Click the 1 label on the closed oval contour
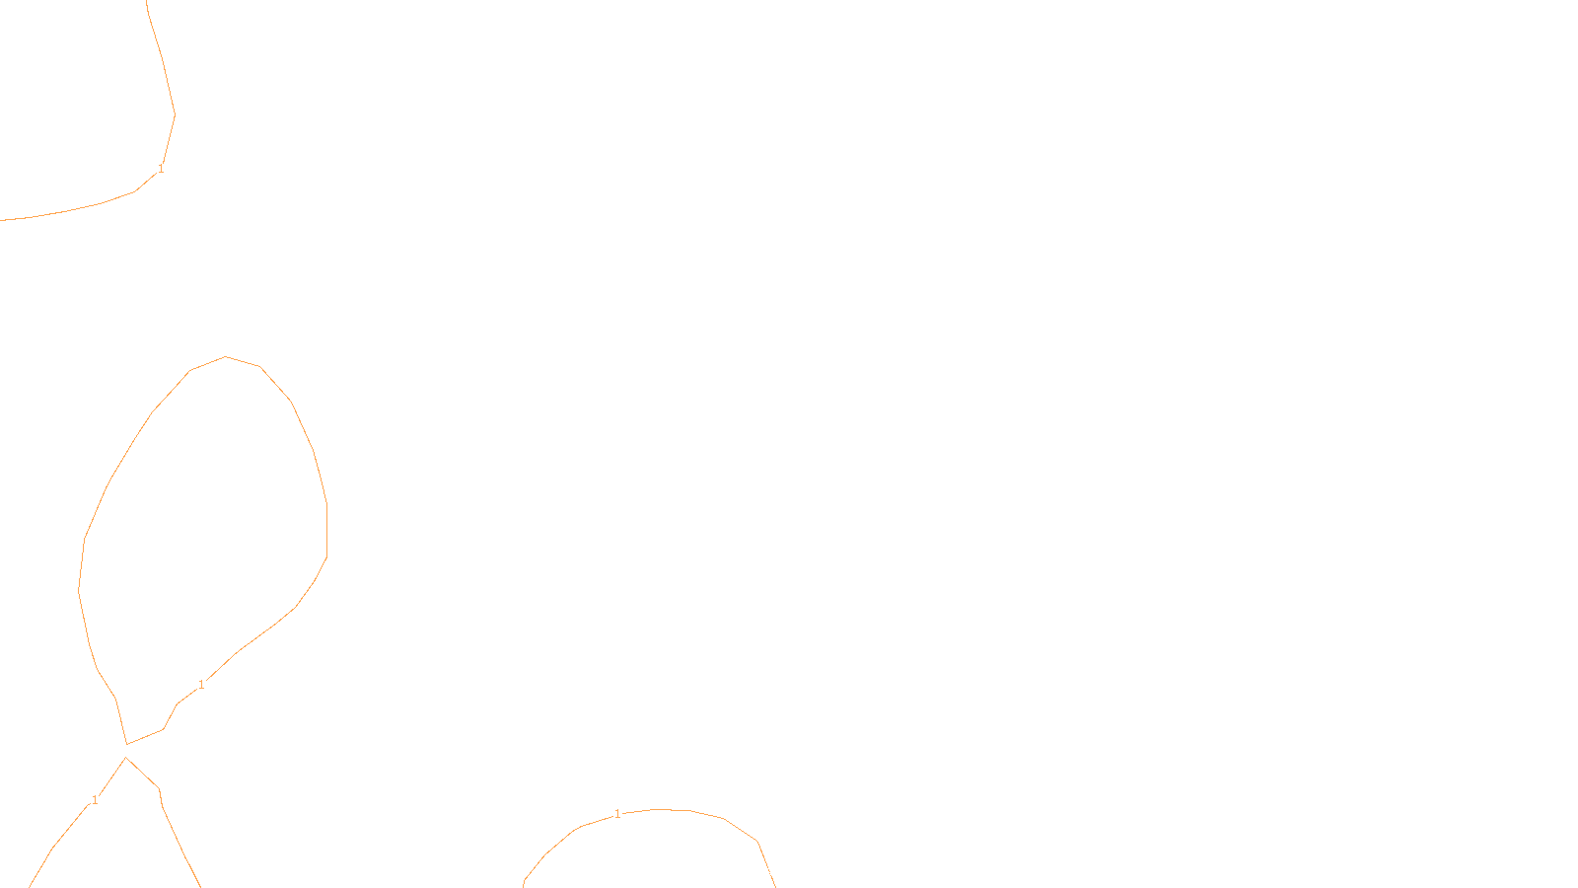pos(201,685)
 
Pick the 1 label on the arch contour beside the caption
pos(617,814)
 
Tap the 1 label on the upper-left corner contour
pos(161,169)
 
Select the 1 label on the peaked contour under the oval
pos(95,800)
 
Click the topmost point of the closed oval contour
pos(226,357)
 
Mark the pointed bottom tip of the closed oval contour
pos(127,744)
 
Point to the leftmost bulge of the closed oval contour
pos(79,590)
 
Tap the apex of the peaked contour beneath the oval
pos(126,758)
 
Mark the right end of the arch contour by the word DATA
pos(774,884)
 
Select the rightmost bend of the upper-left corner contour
pos(175,115)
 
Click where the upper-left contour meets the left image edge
pos(2,220)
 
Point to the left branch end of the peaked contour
pos(31,885)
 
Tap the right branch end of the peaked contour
pos(200,885)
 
